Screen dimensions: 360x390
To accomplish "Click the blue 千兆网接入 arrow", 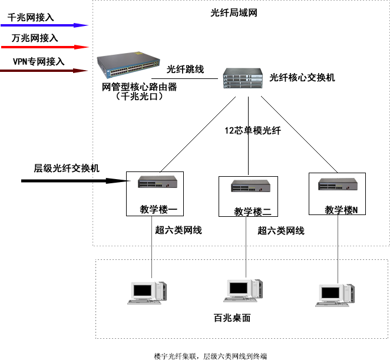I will [x=45, y=25].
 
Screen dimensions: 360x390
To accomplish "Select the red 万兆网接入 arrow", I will [x=45, y=47].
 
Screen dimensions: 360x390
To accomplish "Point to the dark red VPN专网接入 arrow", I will [x=45, y=70].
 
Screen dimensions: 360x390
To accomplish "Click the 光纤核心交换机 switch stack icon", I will [x=243, y=78].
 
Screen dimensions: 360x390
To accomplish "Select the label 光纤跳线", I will [x=185, y=70].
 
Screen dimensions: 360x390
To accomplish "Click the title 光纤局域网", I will [x=234, y=13].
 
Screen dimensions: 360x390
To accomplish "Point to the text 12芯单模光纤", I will [x=253, y=131].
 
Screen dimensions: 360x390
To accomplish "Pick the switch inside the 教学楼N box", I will [x=338, y=184].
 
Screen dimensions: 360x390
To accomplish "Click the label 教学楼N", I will [x=342, y=210].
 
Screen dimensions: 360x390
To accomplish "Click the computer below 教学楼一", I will [x=148, y=292].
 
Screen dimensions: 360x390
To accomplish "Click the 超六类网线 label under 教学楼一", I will [x=179, y=230].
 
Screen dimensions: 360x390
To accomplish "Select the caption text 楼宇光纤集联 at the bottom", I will [x=177, y=356].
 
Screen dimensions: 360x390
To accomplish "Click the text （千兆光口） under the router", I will [x=139, y=97].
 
